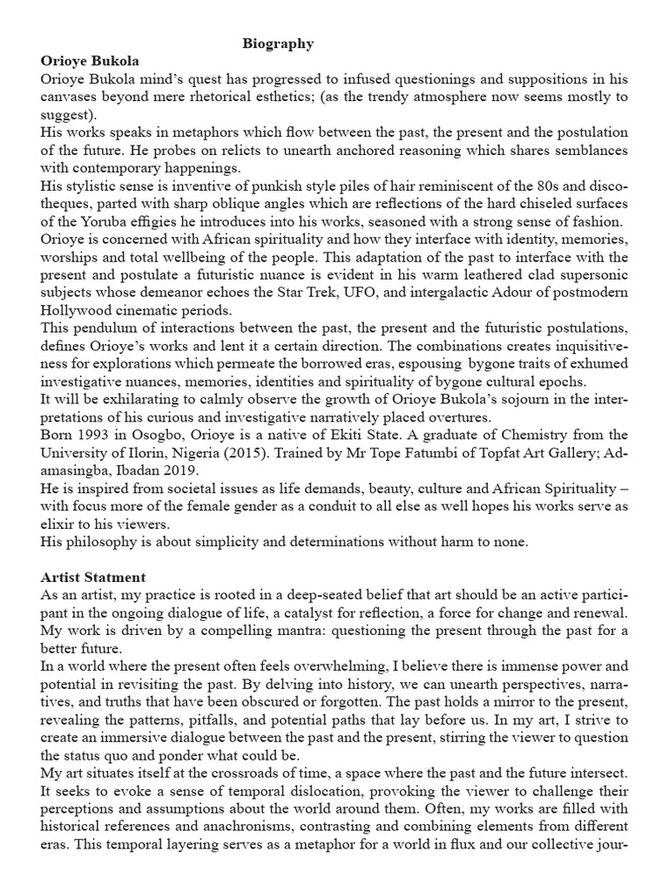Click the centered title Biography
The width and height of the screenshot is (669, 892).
point(278,43)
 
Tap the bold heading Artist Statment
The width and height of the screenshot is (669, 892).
point(93,577)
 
